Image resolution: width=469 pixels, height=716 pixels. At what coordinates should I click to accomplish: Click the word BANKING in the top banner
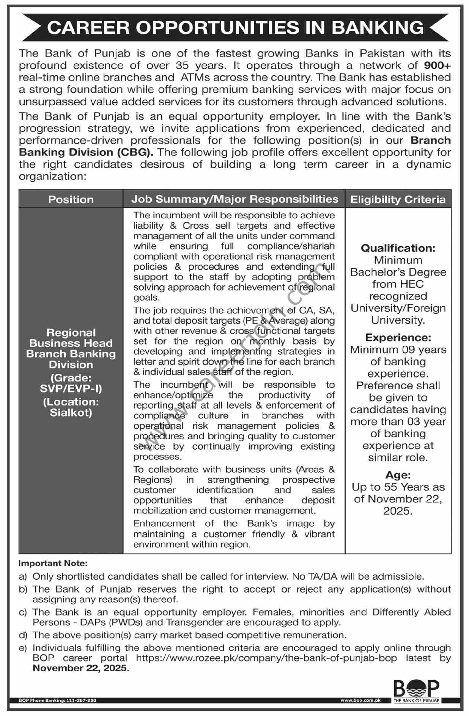tap(378, 28)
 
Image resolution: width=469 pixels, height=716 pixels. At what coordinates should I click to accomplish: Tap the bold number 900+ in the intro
tap(437, 66)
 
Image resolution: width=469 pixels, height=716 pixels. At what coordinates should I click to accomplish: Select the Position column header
tap(71, 199)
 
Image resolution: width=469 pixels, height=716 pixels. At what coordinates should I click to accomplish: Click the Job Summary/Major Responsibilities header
tap(234, 199)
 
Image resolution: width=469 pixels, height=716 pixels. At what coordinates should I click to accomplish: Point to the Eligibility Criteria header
tap(398, 199)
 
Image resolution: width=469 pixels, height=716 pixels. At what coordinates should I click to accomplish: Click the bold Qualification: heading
tap(398, 248)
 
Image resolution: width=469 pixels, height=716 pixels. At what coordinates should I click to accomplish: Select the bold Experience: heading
tap(398, 337)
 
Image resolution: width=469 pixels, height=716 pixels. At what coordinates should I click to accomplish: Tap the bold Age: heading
tap(398, 475)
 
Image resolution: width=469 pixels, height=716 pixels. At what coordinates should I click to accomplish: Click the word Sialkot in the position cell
tap(71, 412)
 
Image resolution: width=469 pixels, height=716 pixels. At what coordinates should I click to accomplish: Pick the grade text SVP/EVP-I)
tap(71, 389)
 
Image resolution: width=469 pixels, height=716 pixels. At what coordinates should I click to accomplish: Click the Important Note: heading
tap(53, 564)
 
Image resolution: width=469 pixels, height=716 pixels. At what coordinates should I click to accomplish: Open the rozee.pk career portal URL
tap(266, 658)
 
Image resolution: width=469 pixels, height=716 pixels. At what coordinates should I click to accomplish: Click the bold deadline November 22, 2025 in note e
tap(81, 668)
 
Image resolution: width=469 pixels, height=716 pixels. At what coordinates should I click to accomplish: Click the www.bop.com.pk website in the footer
tap(360, 700)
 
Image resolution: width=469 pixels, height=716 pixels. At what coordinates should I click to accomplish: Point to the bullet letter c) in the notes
tap(23, 612)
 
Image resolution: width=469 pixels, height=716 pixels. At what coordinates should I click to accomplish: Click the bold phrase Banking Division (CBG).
tap(87, 152)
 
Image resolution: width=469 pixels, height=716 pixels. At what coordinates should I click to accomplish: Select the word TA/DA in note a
tap(319, 577)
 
